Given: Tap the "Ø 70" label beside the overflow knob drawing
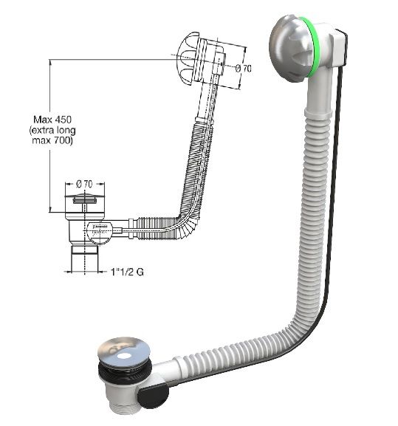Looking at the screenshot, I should click(x=242, y=69).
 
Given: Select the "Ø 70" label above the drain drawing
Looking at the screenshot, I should click(x=88, y=182).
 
